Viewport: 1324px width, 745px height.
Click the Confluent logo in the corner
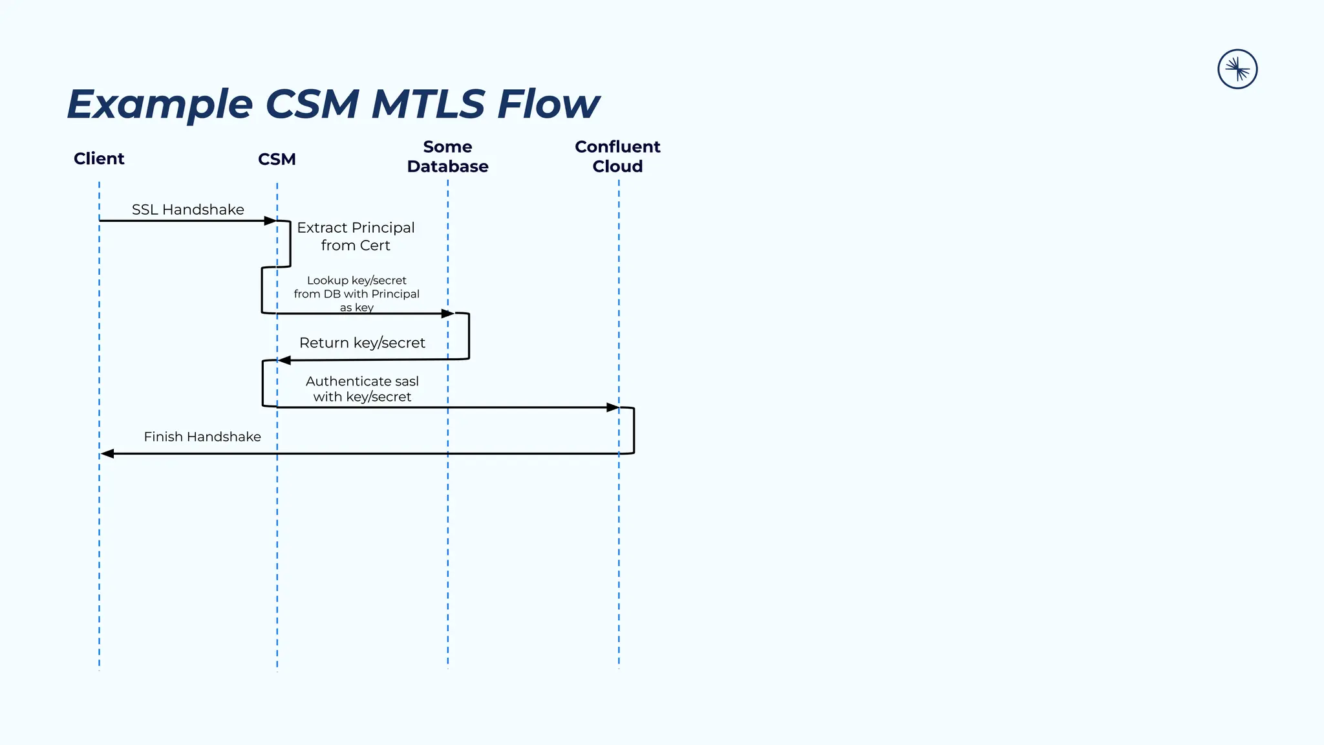click(x=1237, y=69)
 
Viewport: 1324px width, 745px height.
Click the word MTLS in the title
click(x=427, y=103)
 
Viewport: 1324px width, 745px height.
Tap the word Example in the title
click(x=160, y=105)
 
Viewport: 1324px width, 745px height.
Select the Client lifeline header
click(x=99, y=158)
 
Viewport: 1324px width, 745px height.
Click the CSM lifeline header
click(x=277, y=159)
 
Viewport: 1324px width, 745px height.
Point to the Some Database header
click(x=447, y=157)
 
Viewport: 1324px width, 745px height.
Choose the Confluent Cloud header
click(x=617, y=157)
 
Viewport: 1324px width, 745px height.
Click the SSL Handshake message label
click(x=188, y=210)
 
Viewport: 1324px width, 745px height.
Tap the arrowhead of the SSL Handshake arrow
click(x=270, y=221)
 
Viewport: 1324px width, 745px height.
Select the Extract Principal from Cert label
click(x=356, y=236)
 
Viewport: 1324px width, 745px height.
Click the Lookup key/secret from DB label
click(x=356, y=294)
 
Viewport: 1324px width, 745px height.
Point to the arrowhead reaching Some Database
click(x=447, y=314)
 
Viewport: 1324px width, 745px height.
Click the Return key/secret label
click(x=362, y=343)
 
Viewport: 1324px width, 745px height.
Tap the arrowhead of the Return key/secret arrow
click(x=284, y=360)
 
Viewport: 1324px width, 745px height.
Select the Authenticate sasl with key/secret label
click(x=362, y=389)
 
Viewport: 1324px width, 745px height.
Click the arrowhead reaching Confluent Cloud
click(x=612, y=407)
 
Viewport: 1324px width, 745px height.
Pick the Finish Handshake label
click(x=202, y=437)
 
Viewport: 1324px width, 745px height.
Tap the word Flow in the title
click(x=548, y=103)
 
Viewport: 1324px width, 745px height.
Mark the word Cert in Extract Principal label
click(x=375, y=246)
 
